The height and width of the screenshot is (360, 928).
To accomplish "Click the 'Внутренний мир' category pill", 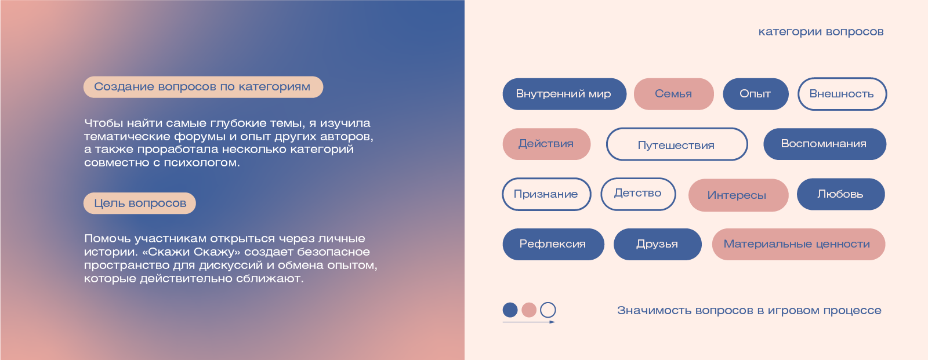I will coord(564,94).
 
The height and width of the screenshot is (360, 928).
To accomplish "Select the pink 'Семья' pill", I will coord(673,94).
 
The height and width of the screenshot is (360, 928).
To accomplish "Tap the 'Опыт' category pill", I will coord(755,94).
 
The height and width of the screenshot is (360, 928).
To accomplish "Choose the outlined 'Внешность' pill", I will coord(842,94).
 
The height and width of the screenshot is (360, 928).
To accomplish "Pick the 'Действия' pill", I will coord(546,144).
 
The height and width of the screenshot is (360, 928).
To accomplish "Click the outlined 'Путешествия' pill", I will coord(676,144).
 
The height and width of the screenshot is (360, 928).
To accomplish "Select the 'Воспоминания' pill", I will coord(824,144).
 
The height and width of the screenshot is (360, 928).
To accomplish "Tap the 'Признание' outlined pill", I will coord(546,194).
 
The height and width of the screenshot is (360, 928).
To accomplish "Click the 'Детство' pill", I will coord(638,194).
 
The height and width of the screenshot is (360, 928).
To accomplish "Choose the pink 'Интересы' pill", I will coord(738,195).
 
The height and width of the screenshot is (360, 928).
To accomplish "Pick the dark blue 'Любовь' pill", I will coord(840,194).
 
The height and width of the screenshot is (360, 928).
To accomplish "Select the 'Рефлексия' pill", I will coord(553,244).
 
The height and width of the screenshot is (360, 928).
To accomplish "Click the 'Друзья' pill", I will coord(657,244).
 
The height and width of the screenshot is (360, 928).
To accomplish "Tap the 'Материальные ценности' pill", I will coord(797,244).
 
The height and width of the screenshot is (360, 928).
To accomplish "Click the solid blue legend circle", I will coord(510,310).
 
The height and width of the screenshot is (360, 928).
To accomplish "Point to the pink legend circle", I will coord(529,310).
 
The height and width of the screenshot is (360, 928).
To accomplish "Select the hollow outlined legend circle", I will coord(548,310).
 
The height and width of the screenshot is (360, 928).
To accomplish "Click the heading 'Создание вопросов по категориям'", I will coord(202,87).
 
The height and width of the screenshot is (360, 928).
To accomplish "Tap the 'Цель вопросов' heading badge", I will coord(140,203).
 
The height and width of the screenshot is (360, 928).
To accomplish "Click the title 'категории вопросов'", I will coord(821,32).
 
